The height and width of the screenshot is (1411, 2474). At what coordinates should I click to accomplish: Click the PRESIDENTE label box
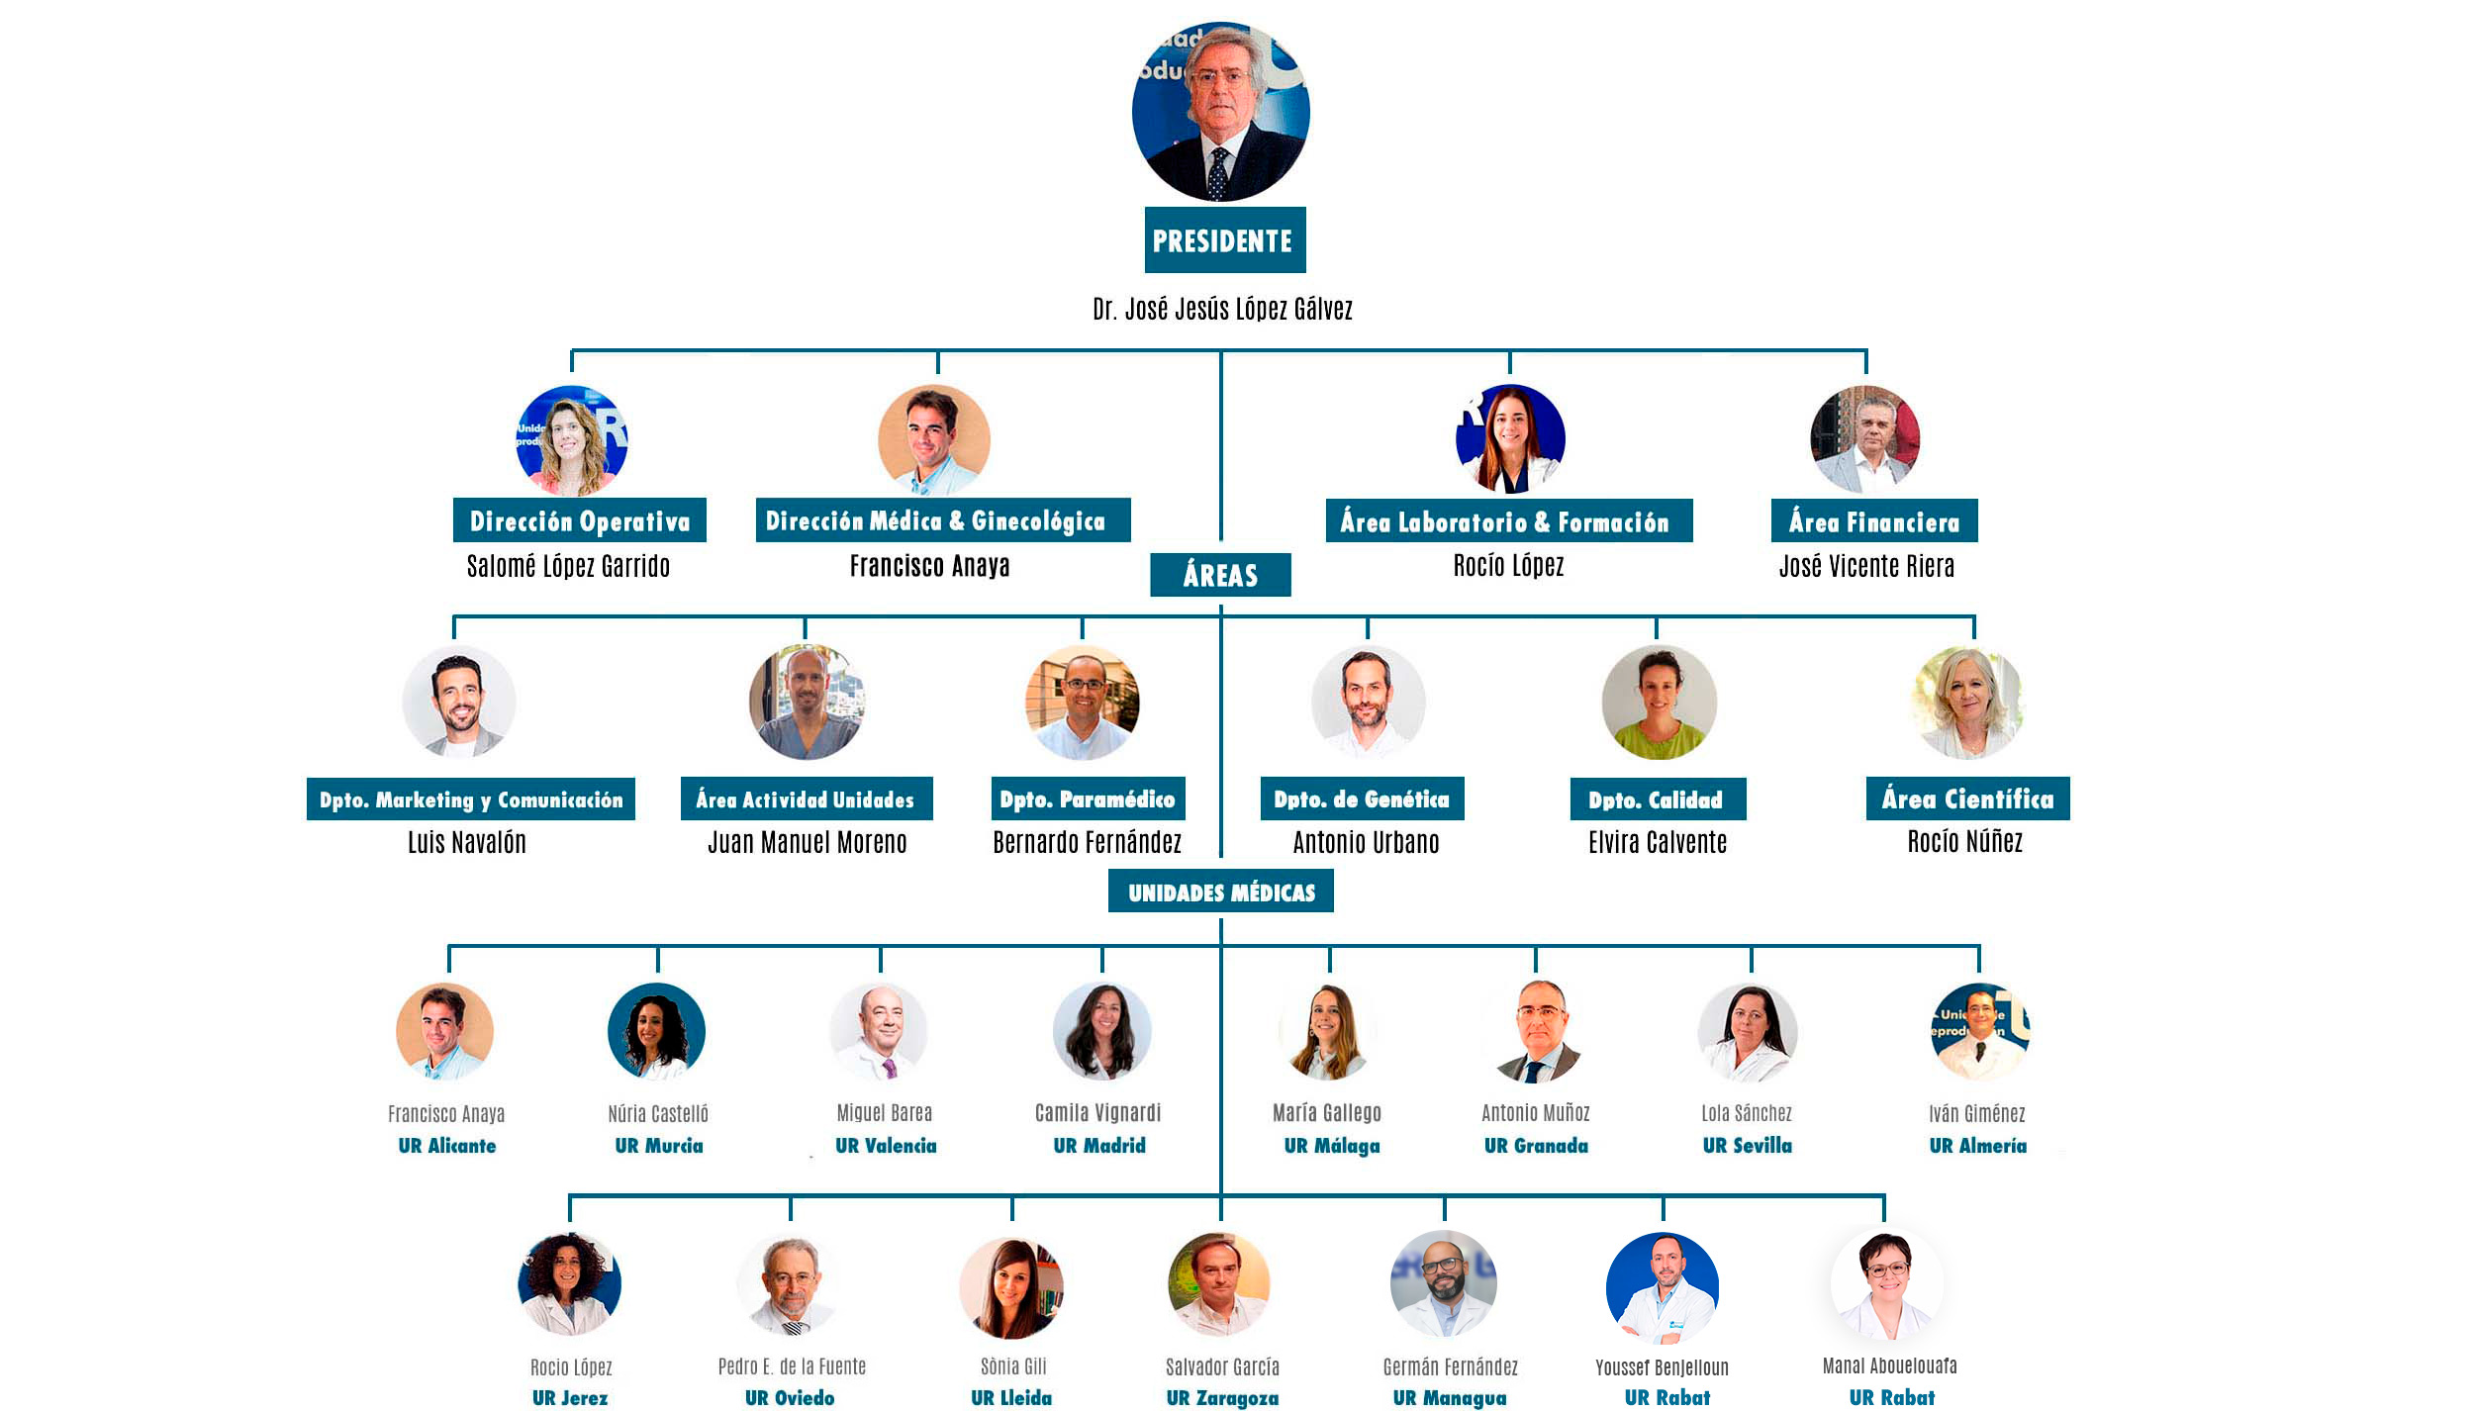(x=1224, y=240)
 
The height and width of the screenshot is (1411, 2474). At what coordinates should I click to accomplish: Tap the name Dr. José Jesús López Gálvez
(x=1222, y=309)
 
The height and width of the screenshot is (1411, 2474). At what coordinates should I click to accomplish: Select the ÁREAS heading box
(x=1220, y=575)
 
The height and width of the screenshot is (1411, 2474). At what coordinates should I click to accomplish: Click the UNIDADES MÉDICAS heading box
(x=1220, y=892)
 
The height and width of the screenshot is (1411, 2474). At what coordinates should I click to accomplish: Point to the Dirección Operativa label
(x=579, y=520)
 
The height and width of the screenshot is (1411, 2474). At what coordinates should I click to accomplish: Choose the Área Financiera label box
(x=1873, y=521)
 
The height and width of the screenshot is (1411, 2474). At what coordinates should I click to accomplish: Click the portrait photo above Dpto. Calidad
(x=1659, y=703)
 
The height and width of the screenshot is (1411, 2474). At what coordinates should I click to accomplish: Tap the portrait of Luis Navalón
(x=459, y=703)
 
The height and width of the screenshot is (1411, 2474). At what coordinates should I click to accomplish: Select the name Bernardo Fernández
(x=1087, y=842)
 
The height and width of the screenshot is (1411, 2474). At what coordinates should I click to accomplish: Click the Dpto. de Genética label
(x=1362, y=800)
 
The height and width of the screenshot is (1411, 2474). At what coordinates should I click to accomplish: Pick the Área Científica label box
(x=1967, y=800)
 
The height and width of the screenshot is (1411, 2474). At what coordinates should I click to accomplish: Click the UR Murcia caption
(x=659, y=1146)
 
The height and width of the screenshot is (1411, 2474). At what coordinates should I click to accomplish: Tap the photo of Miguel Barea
(x=879, y=1031)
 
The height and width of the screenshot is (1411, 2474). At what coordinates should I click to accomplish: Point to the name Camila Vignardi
(x=1097, y=1113)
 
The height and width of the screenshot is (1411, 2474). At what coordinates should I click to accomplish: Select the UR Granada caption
(x=1536, y=1146)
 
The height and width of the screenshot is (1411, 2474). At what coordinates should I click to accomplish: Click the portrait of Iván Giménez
(x=1979, y=1031)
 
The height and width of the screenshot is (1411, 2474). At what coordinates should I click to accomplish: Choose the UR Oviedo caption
(x=790, y=1397)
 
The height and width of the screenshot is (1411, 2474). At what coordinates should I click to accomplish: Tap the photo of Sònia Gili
(x=1011, y=1287)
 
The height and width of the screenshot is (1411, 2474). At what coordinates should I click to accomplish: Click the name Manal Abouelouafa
(x=1889, y=1366)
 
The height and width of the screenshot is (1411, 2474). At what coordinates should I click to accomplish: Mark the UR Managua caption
(x=1449, y=1397)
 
